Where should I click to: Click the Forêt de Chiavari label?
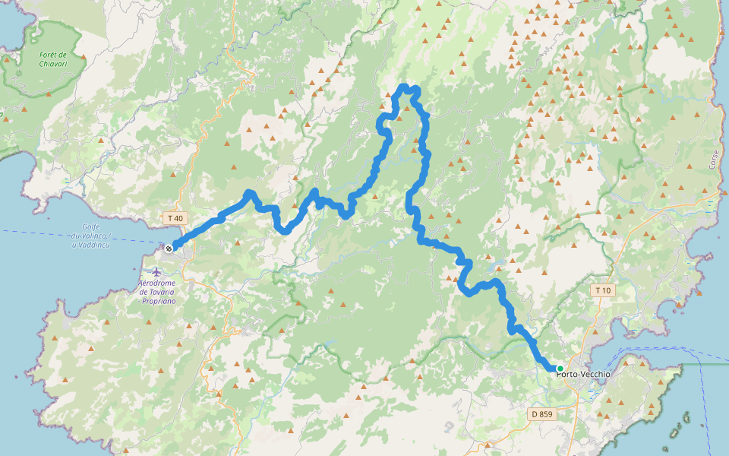point(52,59)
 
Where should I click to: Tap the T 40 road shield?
point(174,218)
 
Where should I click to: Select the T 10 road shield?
point(603,290)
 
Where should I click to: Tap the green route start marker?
point(560,369)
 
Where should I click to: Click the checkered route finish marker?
point(169,248)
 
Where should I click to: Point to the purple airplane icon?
point(156,271)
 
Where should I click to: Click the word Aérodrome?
point(157,283)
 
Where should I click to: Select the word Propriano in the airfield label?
point(159,301)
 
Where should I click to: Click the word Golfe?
point(92,227)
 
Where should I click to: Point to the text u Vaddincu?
point(92,245)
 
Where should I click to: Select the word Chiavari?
point(52,64)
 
